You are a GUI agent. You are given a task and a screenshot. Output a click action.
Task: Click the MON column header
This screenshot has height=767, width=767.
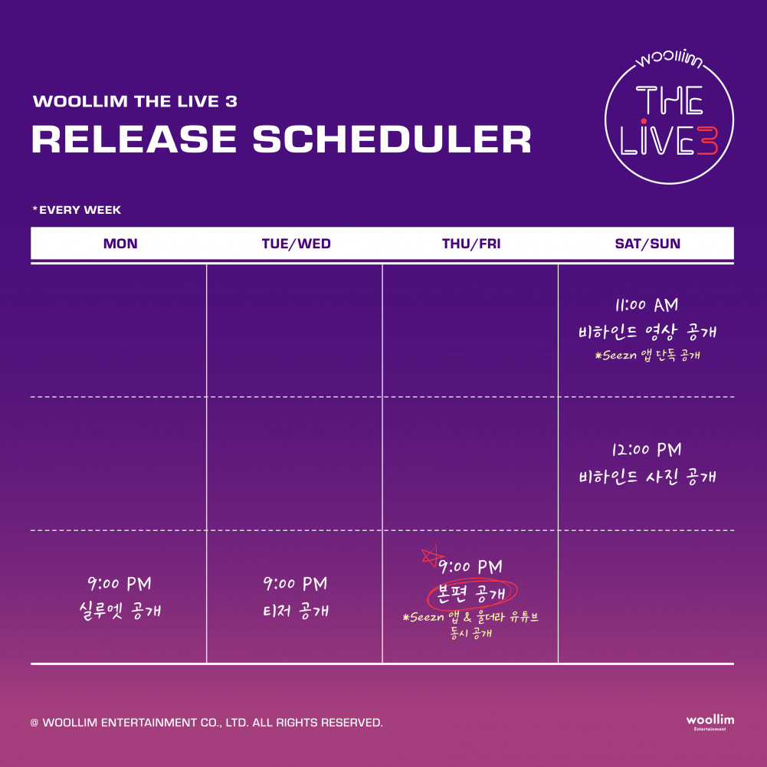120,244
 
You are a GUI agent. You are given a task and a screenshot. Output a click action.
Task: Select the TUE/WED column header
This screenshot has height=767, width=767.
296,244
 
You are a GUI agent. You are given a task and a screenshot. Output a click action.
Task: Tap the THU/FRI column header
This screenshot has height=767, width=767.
471,244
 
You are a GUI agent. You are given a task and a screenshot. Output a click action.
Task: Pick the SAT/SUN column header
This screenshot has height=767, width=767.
647,244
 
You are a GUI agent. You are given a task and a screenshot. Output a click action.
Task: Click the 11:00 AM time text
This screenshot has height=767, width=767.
647,305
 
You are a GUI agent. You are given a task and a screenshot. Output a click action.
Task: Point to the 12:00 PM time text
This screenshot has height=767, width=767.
647,450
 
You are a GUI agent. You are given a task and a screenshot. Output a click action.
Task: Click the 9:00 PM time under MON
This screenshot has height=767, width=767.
120,584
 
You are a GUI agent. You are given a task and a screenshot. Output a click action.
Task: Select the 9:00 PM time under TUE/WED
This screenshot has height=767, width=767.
295,584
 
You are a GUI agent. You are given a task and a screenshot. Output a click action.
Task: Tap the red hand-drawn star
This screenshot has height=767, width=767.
431,556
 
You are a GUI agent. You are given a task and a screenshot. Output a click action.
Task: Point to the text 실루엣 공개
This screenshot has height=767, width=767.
120,611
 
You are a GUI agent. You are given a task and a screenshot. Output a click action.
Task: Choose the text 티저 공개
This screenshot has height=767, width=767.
296,611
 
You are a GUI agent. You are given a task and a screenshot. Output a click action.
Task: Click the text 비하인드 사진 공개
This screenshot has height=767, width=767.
647,477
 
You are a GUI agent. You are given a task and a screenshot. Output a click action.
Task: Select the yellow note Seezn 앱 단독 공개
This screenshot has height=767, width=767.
647,355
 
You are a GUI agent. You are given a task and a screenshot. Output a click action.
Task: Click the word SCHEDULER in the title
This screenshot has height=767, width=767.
392,139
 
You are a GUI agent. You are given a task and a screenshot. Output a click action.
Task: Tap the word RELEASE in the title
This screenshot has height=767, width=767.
134,139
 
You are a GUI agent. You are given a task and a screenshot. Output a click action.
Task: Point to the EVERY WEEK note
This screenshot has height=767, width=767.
77,210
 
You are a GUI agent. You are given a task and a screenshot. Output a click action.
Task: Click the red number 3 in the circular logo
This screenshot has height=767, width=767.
707,141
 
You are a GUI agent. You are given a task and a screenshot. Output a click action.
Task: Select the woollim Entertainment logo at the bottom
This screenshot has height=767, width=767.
710,722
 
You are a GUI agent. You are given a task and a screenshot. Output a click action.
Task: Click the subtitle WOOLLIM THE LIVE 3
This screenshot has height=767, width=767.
135,101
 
